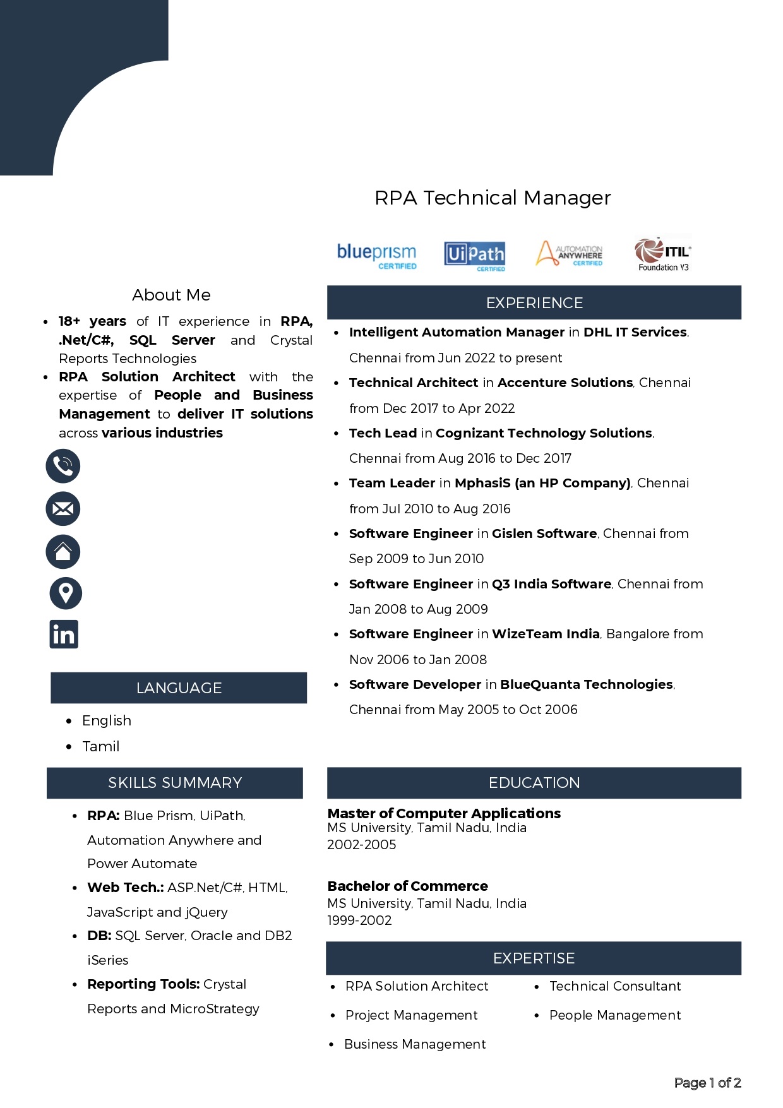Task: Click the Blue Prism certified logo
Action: click(377, 255)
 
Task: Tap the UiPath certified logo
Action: click(475, 255)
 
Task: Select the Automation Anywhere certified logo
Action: click(570, 254)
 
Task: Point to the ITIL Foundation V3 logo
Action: click(663, 254)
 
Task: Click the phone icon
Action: click(63, 466)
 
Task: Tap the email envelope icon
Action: click(63, 508)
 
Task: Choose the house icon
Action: click(63, 551)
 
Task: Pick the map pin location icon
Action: click(66, 593)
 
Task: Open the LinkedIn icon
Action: click(64, 634)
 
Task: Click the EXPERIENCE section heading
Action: click(534, 303)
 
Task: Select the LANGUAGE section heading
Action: click(179, 688)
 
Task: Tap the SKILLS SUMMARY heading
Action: click(175, 783)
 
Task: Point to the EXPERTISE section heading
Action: click(534, 958)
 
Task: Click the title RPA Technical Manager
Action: click(493, 198)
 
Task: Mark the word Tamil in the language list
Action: click(101, 746)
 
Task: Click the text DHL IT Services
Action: click(635, 332)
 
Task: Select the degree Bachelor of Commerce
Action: click(408, 886)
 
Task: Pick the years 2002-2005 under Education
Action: click(362, 845)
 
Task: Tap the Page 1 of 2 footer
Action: click(707, 1083)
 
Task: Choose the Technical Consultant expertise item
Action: click(615, 986)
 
